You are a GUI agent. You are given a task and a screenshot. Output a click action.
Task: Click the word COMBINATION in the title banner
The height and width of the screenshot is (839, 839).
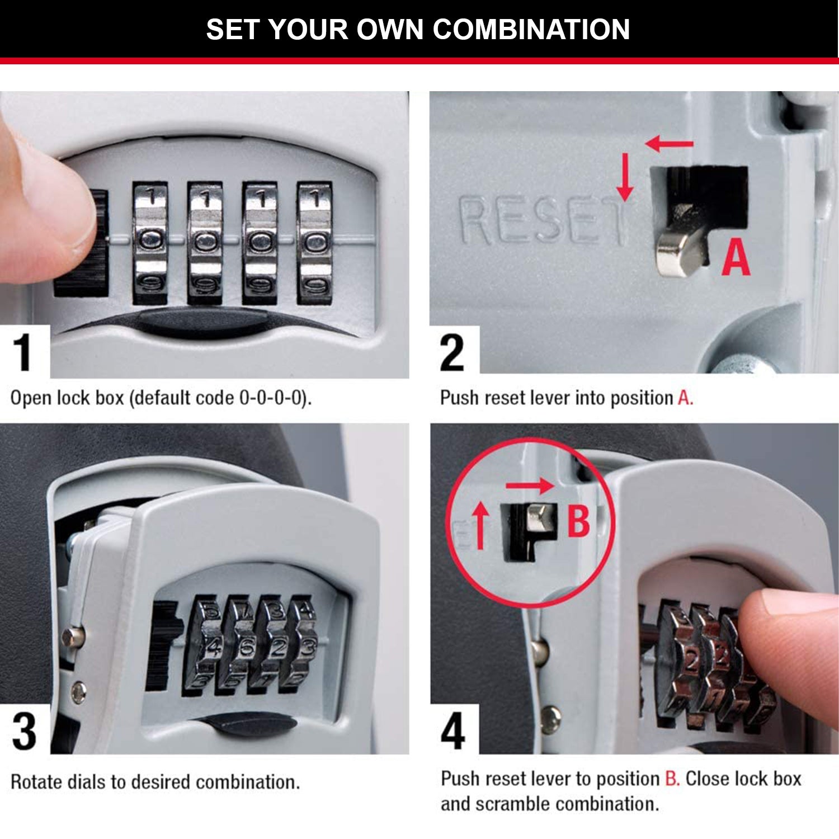[x=531, y=29]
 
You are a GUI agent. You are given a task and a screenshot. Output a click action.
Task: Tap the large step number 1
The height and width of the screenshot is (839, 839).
[x=22, y=352]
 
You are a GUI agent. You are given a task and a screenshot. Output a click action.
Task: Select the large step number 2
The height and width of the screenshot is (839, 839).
[x=452, y=352]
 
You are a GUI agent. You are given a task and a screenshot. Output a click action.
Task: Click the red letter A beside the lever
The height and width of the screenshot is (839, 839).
[x=735, y=258]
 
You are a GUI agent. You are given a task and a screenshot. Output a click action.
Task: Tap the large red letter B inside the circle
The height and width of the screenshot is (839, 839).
[x=578, y=521]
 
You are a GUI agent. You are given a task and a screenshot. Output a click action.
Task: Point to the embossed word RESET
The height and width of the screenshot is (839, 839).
[x=541, y=221]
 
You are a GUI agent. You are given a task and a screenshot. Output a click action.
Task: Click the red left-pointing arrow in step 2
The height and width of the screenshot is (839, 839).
[x=669, y=144]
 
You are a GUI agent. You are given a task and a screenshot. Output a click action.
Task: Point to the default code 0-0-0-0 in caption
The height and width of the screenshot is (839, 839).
[x=273, y=398]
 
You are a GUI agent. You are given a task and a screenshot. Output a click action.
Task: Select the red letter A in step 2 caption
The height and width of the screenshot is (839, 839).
[x=684, y=398]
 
